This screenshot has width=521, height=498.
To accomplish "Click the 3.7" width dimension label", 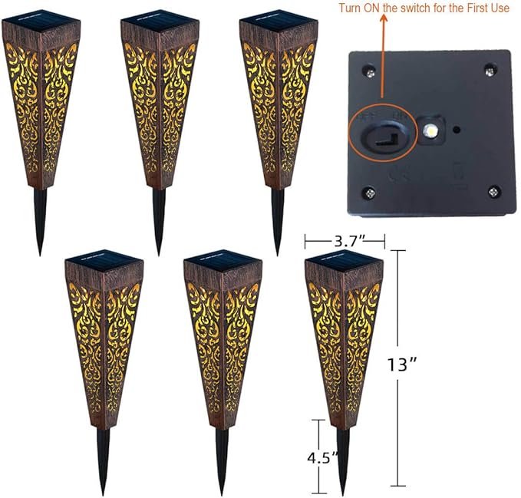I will point(343,241).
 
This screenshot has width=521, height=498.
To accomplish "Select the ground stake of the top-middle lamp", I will point(159,223).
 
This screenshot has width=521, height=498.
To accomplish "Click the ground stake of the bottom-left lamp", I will point(103,460).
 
